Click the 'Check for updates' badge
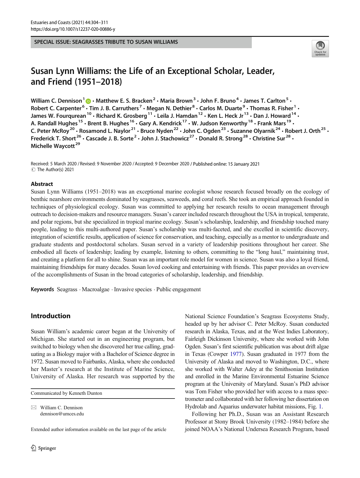point(320,49)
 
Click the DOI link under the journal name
point(73,29)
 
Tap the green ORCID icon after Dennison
point(88,101)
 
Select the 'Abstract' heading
point(42,184)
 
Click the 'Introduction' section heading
point(50,316)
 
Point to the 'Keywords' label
point(42,289)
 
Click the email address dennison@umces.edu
point(62,414)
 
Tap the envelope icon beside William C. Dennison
point(34,408)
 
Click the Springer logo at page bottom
point(44,448)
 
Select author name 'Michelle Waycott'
point(53,146)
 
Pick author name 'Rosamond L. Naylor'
point(105,131)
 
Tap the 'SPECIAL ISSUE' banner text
point(106,42)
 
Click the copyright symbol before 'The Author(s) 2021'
point(33,170)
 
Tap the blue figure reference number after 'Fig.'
point(320,406)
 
